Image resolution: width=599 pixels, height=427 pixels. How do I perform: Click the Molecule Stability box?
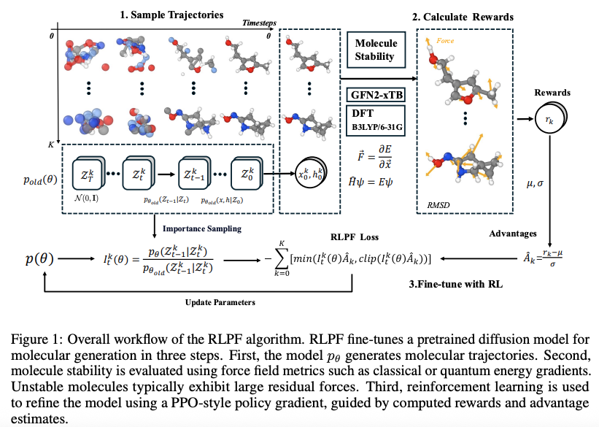point(375,50)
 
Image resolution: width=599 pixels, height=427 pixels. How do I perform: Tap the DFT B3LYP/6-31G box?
point(375,119)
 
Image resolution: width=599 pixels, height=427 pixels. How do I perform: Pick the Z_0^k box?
point(245,174)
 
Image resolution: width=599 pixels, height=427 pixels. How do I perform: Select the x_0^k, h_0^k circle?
point(311,175)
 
